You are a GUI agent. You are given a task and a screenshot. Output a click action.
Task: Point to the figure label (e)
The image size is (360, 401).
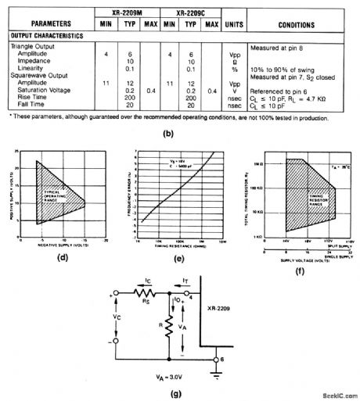pyautogui.click(x=178, y=252)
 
